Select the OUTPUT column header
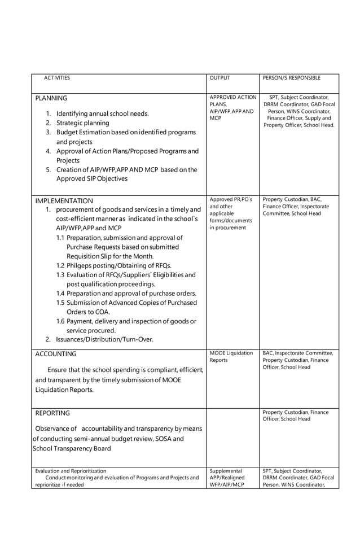pos(219,78)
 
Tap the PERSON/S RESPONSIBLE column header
pos(292,78)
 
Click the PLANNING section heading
pos(51,98)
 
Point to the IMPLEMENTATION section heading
pos(64,200)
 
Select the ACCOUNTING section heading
pos(55,354)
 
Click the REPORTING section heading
pos(52,413)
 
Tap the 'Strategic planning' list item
pos(82,123)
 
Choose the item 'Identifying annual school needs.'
pos(102,113)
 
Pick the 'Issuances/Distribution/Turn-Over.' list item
pos(104,339)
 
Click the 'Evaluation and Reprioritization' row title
pos(71,470)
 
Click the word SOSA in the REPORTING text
pos(161,439)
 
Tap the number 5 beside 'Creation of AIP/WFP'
pos(49,169)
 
